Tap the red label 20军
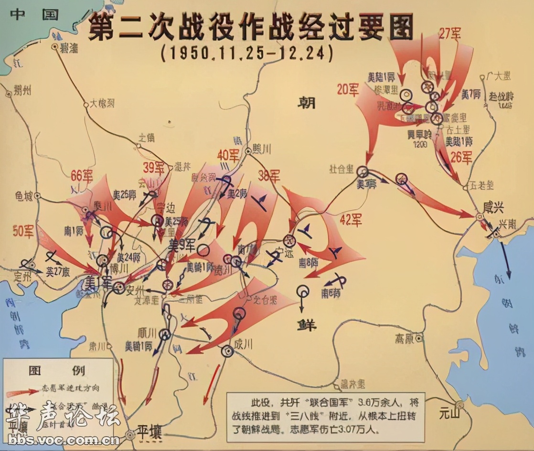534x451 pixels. pyautogui.click(x=348, y=90)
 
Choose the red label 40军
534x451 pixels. pyautogui.click(x=228, y=155)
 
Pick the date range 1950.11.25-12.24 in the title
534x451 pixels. pyautogui.click(x=246, y=52)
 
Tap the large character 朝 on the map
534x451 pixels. pyautogui.click(x=309, y=102)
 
